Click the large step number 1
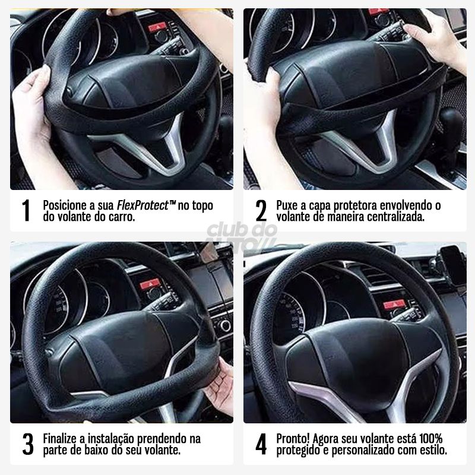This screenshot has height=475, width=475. coord(26,211)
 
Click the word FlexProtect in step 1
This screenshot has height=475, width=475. coord(142,205)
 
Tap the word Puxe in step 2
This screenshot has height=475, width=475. coord(289,205)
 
